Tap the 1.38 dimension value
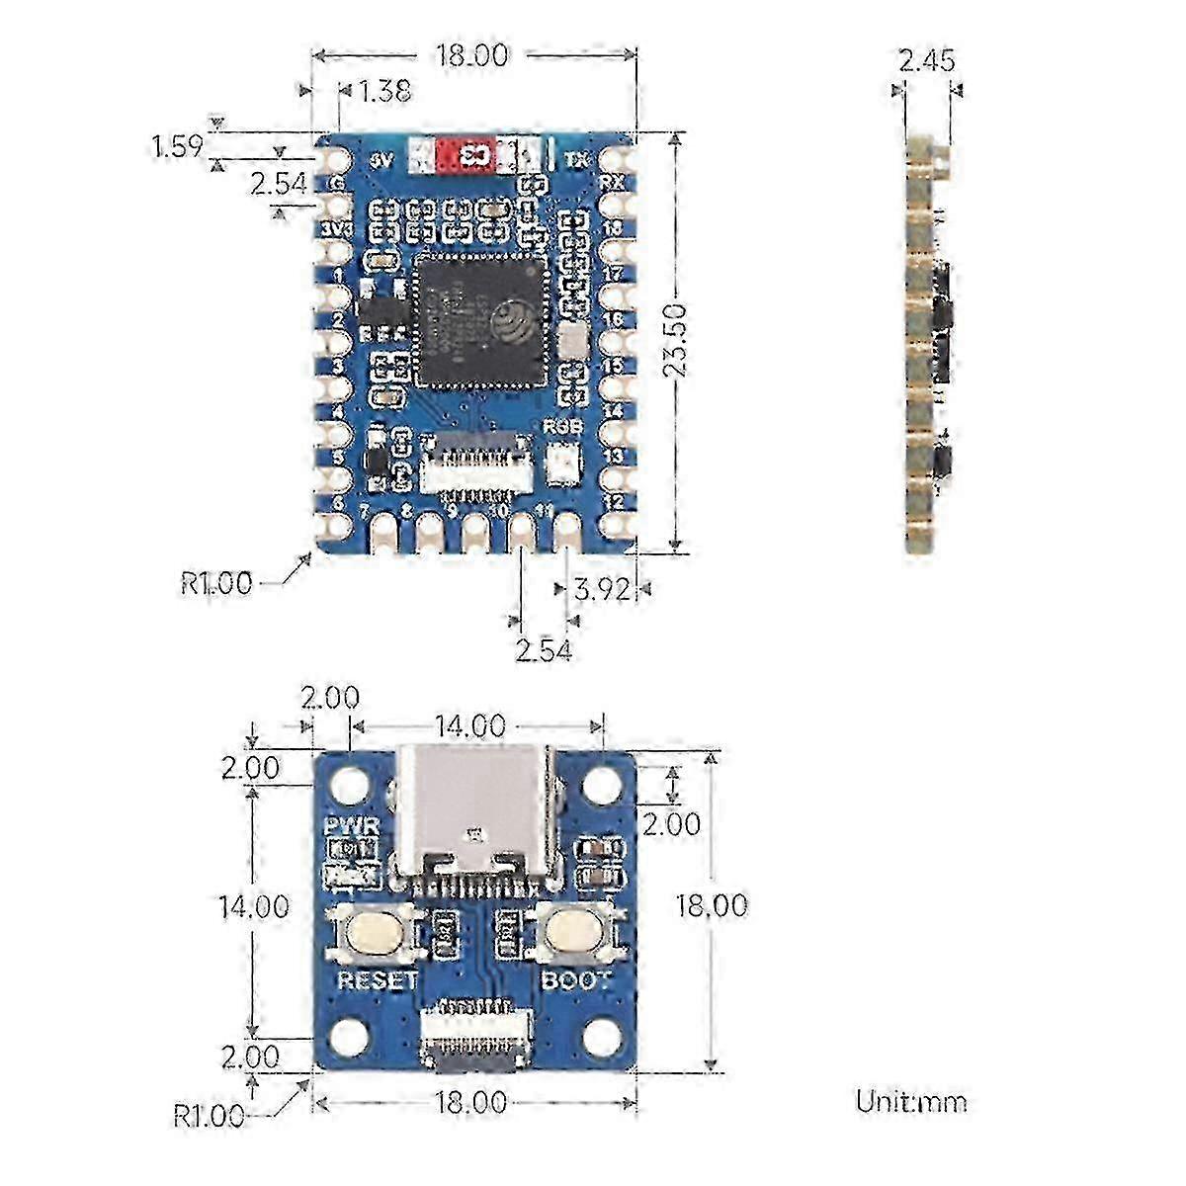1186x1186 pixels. [x=384, y=92]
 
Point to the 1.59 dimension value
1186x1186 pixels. [x=177, y=146]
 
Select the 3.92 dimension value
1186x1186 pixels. [x=601, y=590]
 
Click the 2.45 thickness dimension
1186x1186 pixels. [x=926, y=61]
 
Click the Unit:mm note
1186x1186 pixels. [x=910, y=1101]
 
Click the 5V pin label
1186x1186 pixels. [x=380, y=157]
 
